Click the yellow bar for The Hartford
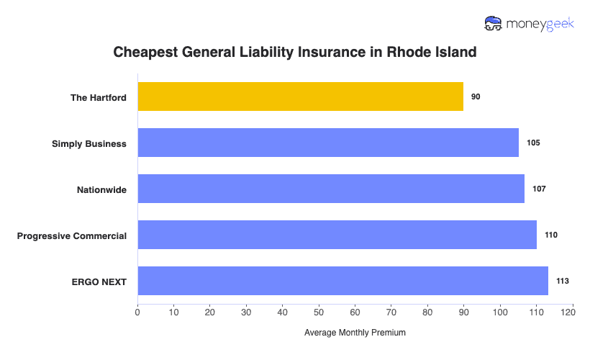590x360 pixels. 300,96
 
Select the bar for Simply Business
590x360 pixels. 328,143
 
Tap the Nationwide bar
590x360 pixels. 331,189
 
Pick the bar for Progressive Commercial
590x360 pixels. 337,235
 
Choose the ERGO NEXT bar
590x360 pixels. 342,281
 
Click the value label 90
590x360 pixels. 476,96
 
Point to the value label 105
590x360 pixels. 532,143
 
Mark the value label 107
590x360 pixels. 539,189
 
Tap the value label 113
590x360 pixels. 562,281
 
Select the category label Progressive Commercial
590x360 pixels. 72,235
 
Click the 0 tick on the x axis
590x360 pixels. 137,312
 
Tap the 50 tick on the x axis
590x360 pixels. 319,312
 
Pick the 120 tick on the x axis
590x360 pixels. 572,312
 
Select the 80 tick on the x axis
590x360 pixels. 427,312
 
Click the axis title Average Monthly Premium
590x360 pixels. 355,333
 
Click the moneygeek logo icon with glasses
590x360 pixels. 494,24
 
